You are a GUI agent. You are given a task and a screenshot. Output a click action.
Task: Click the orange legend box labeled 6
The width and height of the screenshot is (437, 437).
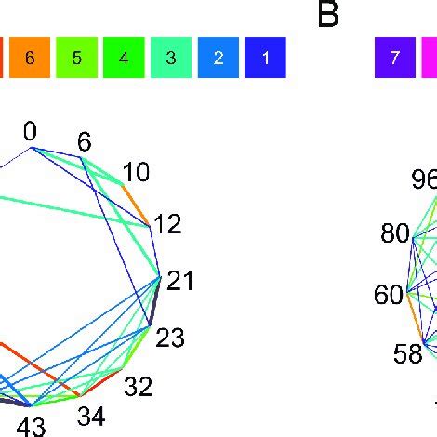click(30, 58)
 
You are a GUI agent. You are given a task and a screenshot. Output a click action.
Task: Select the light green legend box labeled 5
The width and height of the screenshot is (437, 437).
click(77, 58)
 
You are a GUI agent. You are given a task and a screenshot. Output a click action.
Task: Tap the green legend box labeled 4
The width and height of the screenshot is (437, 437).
click(124, 58)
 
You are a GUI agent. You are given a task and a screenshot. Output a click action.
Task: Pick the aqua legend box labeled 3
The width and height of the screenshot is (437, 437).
click(171, 58)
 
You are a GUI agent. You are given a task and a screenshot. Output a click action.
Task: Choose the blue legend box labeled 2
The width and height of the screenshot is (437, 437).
click(218, 58)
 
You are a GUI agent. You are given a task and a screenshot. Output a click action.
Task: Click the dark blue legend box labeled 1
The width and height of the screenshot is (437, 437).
click(265, 58)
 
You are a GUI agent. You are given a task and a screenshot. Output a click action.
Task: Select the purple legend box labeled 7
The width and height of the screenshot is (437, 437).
click(395, 58)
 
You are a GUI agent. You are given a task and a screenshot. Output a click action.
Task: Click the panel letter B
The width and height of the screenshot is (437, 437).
click(328, 15)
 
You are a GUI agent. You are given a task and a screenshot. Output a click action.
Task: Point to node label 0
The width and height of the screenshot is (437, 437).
click(30, 131)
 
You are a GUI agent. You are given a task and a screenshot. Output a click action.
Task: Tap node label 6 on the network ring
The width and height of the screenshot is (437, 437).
click(85, 141)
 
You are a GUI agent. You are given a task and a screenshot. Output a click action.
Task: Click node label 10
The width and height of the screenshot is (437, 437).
click(136, 172)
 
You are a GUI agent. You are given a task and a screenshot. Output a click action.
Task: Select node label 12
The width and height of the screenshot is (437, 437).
click(167, 224)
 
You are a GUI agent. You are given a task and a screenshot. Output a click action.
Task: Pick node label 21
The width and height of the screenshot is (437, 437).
click(179, 281)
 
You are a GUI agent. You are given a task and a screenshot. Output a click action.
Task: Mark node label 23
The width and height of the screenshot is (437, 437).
click(170, 338)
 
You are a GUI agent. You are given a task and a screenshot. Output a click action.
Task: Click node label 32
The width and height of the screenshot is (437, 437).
click(139, 387)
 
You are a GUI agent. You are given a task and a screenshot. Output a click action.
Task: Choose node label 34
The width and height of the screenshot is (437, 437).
click(91, 417)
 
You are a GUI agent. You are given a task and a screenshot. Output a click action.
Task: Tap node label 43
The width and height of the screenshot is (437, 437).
click(32, 428)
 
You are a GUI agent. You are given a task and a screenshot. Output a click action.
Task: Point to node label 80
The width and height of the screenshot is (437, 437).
click(395, 232)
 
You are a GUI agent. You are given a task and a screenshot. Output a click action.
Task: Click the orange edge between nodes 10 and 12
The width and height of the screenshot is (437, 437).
click(137, 205)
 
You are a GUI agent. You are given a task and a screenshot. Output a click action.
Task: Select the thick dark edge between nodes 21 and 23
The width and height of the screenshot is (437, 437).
click(155, 301)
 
